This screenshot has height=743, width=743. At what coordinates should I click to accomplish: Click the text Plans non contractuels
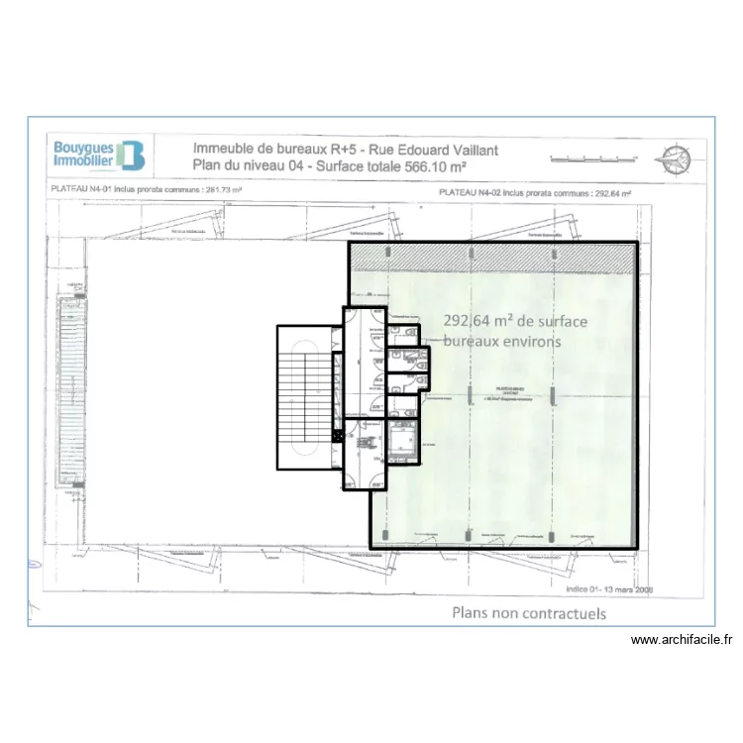(x=529, y=613)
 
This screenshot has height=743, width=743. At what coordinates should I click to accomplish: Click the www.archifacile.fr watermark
(x=681, y=640)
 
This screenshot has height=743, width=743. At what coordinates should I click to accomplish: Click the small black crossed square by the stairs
(x=338, y=434)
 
